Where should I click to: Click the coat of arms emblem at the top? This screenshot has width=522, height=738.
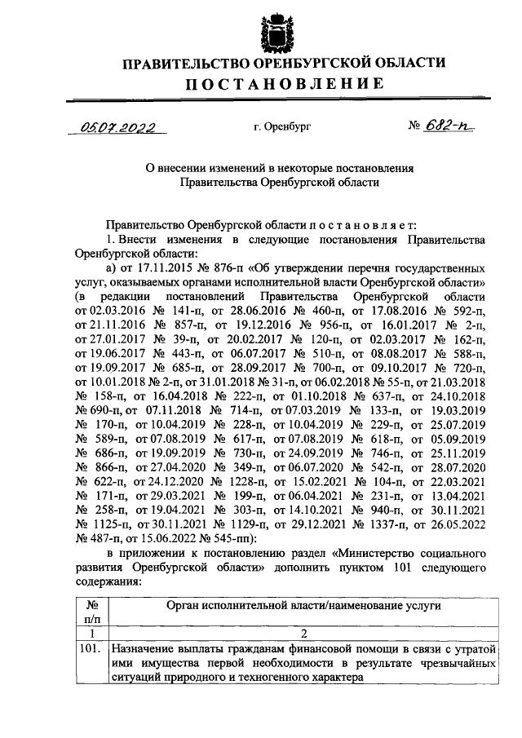pos(275,31)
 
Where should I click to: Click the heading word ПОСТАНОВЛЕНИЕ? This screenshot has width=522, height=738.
pos(283,84)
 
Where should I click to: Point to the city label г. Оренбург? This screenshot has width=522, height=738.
pos(282,128)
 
